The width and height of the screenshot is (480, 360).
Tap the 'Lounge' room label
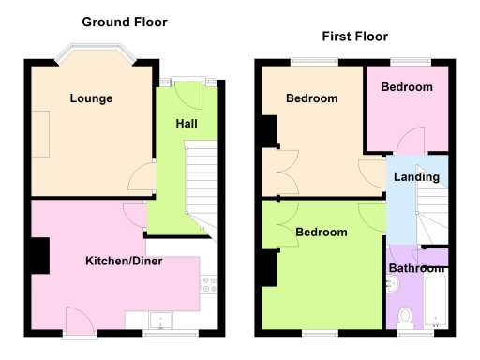pos(90,97)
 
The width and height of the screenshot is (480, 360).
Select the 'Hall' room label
pos(187,124)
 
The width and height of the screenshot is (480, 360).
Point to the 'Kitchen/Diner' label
pos(124,261)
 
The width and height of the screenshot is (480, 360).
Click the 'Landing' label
pos(416,176)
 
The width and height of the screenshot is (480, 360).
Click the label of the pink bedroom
pos(407,87)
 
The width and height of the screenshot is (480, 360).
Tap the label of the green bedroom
pos(322,232)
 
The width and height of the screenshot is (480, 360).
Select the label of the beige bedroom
pos(311,97)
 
